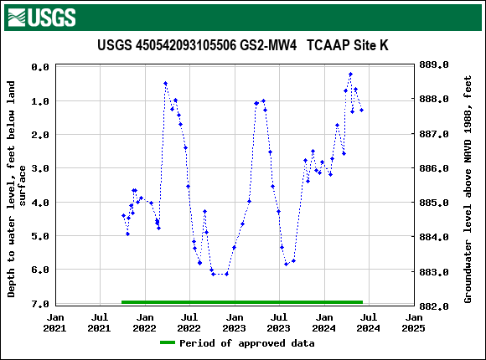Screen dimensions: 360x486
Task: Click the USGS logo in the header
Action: click(x=40, y=17)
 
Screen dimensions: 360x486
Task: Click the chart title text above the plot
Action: click(x=242, y=45)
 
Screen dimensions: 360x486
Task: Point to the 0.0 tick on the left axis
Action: click(x=39, y=67)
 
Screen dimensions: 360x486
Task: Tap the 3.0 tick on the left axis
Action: click(x=39, y=168)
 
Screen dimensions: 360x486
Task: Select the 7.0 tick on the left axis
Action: click(x=39, y=304)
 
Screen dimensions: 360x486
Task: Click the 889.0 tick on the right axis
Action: click(x=435, y=64)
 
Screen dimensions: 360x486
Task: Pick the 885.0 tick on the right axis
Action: click(x=435, y=203)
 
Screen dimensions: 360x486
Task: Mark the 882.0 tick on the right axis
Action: click(x=435, y=306)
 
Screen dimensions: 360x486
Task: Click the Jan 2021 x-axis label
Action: click(x=55, y=323)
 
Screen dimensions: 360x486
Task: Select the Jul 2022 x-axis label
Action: click(x=189, y=323)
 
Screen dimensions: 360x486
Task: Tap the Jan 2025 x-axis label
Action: click(x=414, y=323)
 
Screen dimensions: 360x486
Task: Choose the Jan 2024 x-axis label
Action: click(x=324, y=323)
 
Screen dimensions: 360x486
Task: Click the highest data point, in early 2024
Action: click(x=350, y=75)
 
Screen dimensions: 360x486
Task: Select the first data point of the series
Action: click(x=123, y=216)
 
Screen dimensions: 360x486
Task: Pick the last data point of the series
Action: click(x=361, y=111)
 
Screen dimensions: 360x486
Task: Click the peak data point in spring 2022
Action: click(x=165, y=84)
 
